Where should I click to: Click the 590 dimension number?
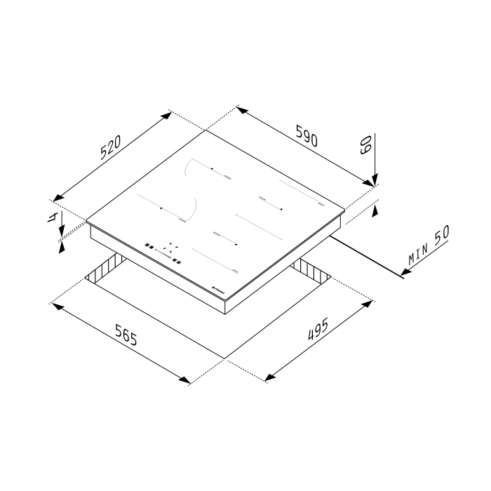tap(306, 136)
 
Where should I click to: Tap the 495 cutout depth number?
tap(319, 331)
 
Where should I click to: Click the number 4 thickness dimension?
tap(51, 217)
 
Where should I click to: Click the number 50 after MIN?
tap(440, 237)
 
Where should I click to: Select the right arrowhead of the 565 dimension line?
tap(185, 380)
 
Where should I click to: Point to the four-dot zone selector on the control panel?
tap(169, 248)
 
